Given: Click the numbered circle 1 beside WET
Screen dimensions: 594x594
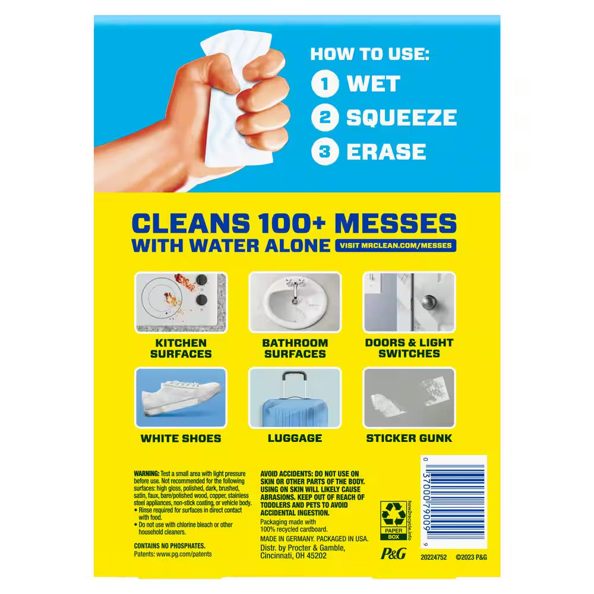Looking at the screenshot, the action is click(x=325, y=83).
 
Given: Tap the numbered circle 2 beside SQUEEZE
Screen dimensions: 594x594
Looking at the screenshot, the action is click(x=325, y=118).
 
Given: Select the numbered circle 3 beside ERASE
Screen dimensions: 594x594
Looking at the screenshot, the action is click(x=325, y=151).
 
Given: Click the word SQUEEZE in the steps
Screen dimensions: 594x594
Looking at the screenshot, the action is click(x=402, y=118).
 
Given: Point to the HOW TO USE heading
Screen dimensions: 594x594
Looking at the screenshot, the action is click(x=369, y=54).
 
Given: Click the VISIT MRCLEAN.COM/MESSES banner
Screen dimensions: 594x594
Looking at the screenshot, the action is click(x=396, y=245).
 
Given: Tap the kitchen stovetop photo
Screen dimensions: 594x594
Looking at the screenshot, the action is click(x=181, y=302).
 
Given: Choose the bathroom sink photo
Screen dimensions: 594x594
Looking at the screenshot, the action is click(x=295, y=302).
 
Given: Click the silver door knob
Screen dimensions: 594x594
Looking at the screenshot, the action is click(x=429, y=302).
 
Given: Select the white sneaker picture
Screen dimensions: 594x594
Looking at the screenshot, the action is click(x=181, y=398).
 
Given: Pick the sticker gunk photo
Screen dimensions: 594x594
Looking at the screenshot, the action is click(x=409, y=398).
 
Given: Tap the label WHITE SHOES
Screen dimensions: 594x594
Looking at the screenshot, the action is click(x=181, y=438).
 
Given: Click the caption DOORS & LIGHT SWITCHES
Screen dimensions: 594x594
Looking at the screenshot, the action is click(x=409, y=348).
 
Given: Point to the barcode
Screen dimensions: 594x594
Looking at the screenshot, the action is click(x=454, y=502).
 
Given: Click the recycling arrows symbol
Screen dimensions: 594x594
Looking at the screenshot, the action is click(x=394, y=514).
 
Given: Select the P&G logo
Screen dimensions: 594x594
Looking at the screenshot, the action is click(x=393, y=554).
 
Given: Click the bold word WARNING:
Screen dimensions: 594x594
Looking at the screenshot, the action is click(x=147, y=473).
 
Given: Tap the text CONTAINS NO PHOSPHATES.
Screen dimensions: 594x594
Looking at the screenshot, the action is click(x=170, y=546).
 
